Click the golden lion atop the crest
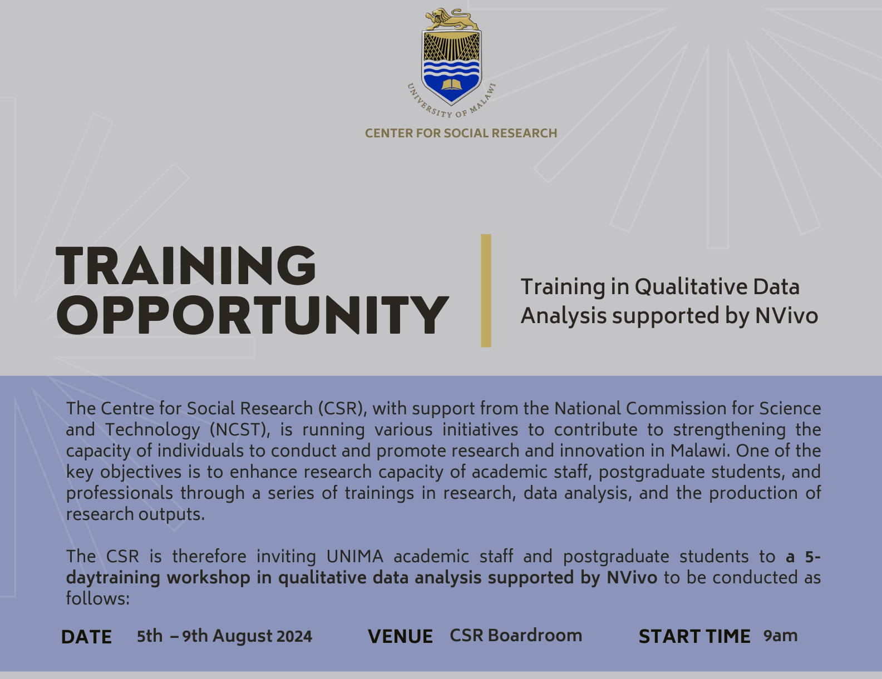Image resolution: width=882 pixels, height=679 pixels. pos(451,19)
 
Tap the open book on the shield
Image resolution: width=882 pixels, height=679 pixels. pos(451,85)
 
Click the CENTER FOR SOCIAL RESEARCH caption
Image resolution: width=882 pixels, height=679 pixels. pos(461,133)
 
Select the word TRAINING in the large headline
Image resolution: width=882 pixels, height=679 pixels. pos(186,265)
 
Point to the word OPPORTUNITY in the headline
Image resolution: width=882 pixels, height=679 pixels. pos(252,315)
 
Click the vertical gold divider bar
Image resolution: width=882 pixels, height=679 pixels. pos(486,290)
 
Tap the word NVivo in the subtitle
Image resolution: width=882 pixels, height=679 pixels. pos(786,315)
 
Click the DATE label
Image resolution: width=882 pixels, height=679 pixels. pos(86,637)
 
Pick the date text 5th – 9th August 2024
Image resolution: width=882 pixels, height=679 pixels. pos(224,636)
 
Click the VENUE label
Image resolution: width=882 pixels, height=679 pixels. pos(400,636)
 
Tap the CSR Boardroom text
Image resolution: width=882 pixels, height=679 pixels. pos(516,635)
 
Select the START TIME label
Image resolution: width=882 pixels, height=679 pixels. pos(694,636)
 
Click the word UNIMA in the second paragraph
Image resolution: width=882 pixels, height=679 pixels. pos(355,557)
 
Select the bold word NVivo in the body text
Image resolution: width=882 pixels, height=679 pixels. pos(632,578)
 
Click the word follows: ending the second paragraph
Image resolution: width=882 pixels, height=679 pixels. pos(98,599)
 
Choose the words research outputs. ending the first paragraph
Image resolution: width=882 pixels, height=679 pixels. pos(136,514)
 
